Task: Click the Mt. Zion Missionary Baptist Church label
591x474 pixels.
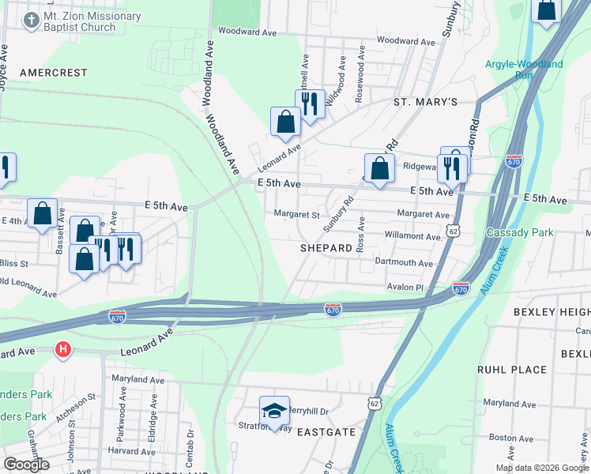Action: tap(92, 21)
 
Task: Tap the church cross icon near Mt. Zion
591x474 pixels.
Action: tap(32, 21)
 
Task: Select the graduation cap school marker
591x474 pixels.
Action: tap(274, 411)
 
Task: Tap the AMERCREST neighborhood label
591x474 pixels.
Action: tap(54, 73)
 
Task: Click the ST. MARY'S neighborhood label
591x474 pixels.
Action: tap(426, 103)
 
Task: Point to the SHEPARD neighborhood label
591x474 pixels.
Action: tap(326, 248)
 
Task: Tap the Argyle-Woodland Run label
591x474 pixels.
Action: tap(524, 69)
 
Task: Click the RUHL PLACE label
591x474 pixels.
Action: tap(512, 369)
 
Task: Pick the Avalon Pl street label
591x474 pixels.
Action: tap(405, 287)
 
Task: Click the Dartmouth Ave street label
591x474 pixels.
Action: tap(405, 263)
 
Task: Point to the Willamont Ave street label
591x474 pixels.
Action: tap(412, 236)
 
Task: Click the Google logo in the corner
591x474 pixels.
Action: tap(26, 465)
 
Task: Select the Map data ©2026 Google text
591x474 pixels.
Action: tap(542, 468)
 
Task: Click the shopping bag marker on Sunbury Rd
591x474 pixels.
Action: tap(379, 167)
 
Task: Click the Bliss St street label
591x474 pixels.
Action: tap(13, 262)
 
